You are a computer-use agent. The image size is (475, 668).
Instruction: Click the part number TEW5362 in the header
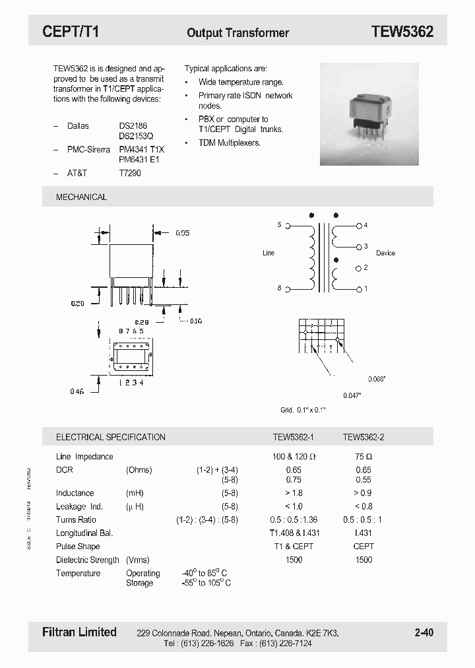click(402, 32)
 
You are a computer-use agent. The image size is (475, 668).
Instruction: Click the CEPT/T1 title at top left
click(71, 32)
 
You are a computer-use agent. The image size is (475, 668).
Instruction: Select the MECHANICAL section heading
click(81, 197)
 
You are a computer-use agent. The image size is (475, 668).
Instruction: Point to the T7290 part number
click(130, 173)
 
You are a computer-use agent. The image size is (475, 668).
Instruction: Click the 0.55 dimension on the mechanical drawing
click(183, 233)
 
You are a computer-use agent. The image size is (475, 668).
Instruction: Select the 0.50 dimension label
click(77, 304)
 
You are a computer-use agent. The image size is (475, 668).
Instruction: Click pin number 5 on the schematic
click(279, 225)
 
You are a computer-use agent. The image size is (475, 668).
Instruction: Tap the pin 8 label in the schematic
click(279, 288)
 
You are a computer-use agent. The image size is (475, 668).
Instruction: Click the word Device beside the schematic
click(385, 253)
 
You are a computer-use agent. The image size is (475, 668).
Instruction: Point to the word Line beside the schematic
click(269, 253)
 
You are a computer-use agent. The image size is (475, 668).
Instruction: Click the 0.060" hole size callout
click(377, 379)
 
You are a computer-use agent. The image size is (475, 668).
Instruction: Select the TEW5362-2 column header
click(363, 437)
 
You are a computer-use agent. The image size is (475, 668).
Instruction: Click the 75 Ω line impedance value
click(363, 456)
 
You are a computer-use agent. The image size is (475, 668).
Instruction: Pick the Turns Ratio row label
click(76, 519)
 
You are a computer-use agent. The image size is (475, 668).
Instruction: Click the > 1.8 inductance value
click(294, 493)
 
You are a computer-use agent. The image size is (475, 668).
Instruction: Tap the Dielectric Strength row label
click(88, 560)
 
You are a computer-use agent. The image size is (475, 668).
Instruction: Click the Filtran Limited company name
click(79, 632)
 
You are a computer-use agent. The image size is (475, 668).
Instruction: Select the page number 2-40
click(424, 632)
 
